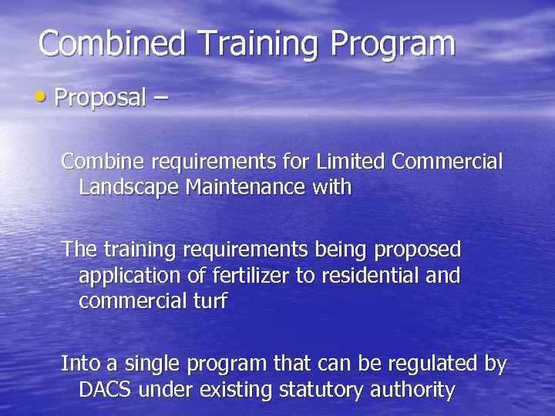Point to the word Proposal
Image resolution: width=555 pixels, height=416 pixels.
point(100,98)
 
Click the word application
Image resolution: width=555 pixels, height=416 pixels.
point(128,275)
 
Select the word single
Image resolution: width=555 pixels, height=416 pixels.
point(143,364)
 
